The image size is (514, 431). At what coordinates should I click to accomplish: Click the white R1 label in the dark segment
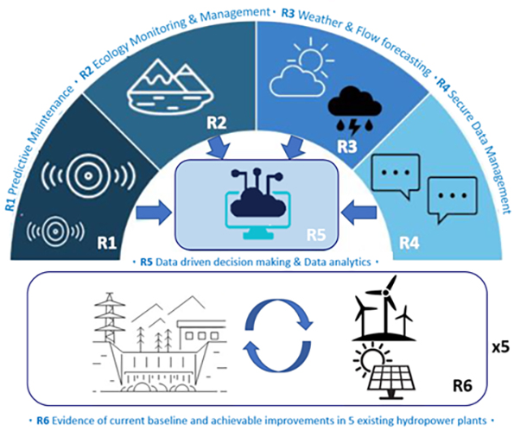(x=106, y=243)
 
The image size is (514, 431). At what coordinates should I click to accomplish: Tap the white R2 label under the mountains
(x=216, y=123)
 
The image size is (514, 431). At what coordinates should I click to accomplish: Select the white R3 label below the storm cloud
(x=346, y=146)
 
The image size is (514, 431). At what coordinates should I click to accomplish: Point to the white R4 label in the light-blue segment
(x=409, y=243)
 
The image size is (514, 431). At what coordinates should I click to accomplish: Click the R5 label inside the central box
(x=316, y=234)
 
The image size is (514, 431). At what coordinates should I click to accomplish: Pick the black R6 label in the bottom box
(x=462, y=386)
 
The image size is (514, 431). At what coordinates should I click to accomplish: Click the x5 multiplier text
(x=501, y=347)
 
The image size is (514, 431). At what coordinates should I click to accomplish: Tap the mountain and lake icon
(x=170, y=86)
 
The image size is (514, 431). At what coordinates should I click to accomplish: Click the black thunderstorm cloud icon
(x=355, y=111)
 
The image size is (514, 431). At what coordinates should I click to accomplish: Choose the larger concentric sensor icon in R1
(x=88, y=176)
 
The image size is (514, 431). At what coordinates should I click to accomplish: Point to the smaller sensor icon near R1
(x=56, y=231)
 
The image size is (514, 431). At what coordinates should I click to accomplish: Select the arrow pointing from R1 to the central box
(x=154, y=213)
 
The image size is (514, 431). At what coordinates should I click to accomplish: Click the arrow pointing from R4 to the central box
(x=359, y=213)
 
